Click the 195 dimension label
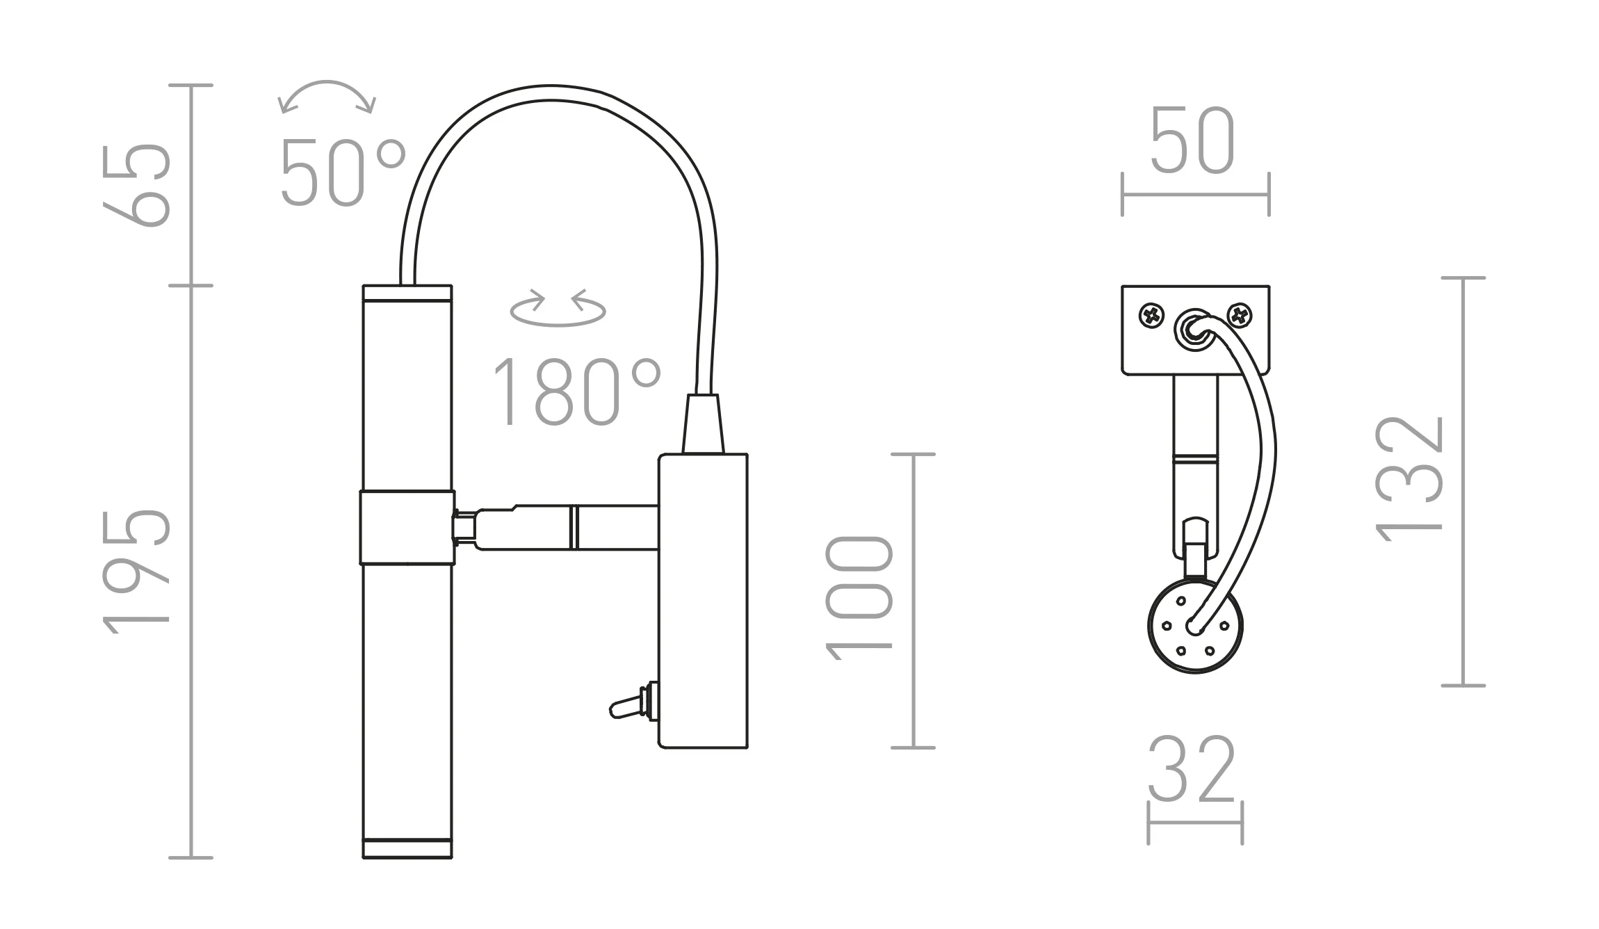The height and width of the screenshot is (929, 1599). pos(137,572)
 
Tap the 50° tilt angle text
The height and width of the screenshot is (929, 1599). pos(343,172)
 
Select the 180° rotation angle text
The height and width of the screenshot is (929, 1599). pos(576,391)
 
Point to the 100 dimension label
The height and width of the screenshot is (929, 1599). pos(859,597)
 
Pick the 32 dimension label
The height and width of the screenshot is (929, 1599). pos(1192,769)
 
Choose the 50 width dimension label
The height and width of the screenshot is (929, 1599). pos(1193,140)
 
